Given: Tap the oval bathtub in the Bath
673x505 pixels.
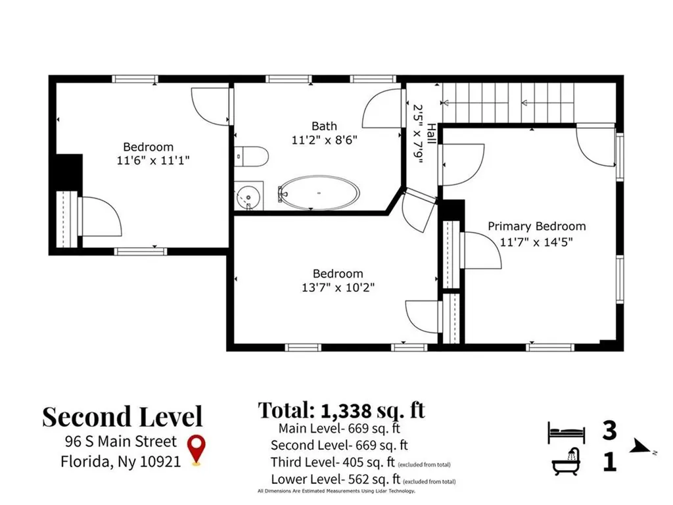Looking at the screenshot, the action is [x=319, y=193].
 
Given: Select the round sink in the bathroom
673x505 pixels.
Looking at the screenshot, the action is [x=248, y=196].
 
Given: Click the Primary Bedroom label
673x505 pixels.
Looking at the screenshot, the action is [x=536, y=226].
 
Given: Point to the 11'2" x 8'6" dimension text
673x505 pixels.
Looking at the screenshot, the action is [x=325, y=140].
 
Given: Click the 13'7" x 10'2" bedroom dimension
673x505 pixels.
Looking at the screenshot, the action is [x=338, y=287].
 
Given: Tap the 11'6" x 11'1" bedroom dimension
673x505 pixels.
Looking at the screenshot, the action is [x=153, y=160].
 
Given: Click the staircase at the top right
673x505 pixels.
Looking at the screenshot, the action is [x=508, y=103].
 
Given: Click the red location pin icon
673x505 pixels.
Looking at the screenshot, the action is [x=197, y=449].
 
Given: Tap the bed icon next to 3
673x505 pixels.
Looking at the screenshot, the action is [x=567, y=432].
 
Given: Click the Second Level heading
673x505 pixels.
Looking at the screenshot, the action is [x=122, y=416].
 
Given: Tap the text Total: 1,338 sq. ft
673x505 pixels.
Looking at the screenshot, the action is [x=342, y=410].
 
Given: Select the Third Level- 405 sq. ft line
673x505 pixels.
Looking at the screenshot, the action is [x=333, y=462].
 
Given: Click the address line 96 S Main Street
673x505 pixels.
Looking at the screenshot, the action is [x=121, y=441].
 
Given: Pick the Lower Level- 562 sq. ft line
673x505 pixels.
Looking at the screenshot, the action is [x=336, y=479].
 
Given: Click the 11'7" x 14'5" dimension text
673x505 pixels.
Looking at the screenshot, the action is [x=536, y=242].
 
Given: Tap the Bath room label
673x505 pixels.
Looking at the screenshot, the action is [x=324, y=126].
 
